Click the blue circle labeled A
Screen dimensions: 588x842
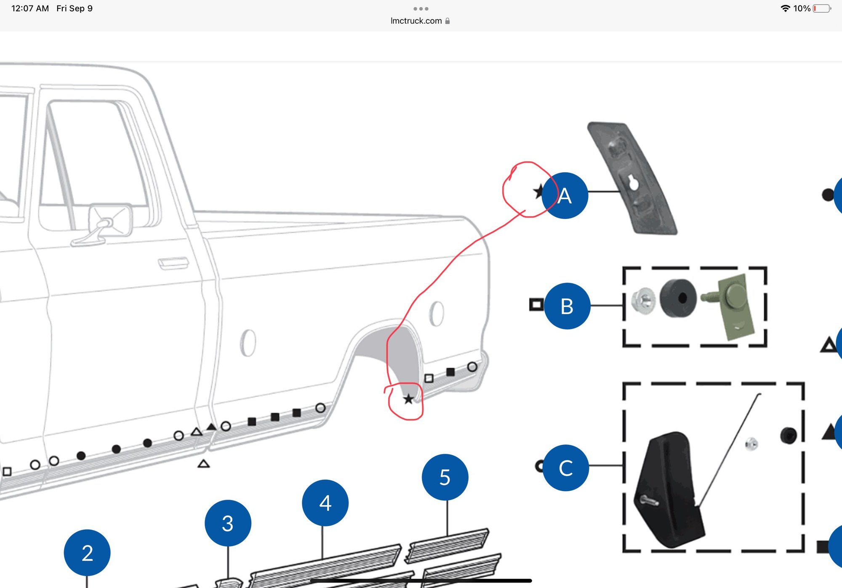pos(565,196)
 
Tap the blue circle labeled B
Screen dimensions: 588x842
pos(567,306)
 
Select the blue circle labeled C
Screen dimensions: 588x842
pos(565,468)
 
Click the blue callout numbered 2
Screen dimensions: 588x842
pos(87,553)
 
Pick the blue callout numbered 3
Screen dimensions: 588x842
pos(228,523)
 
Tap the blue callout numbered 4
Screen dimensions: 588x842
pos(325,503)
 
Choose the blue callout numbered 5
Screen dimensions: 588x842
pos(445,477)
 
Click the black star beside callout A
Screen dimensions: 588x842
pos(538,192)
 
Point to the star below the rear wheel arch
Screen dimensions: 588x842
pos(408,399)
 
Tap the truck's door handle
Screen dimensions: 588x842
pos(173,263)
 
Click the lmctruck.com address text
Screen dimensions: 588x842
pos(416,21)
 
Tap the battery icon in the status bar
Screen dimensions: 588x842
pos(822,8)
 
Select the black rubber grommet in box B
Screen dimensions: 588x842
pos(678,298)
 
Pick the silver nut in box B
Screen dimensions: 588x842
pos(644,301)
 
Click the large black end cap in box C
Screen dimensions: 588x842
pos(669,490)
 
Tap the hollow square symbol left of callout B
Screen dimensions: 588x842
pos(536,304)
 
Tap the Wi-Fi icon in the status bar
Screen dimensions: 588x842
pos(785,8)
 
